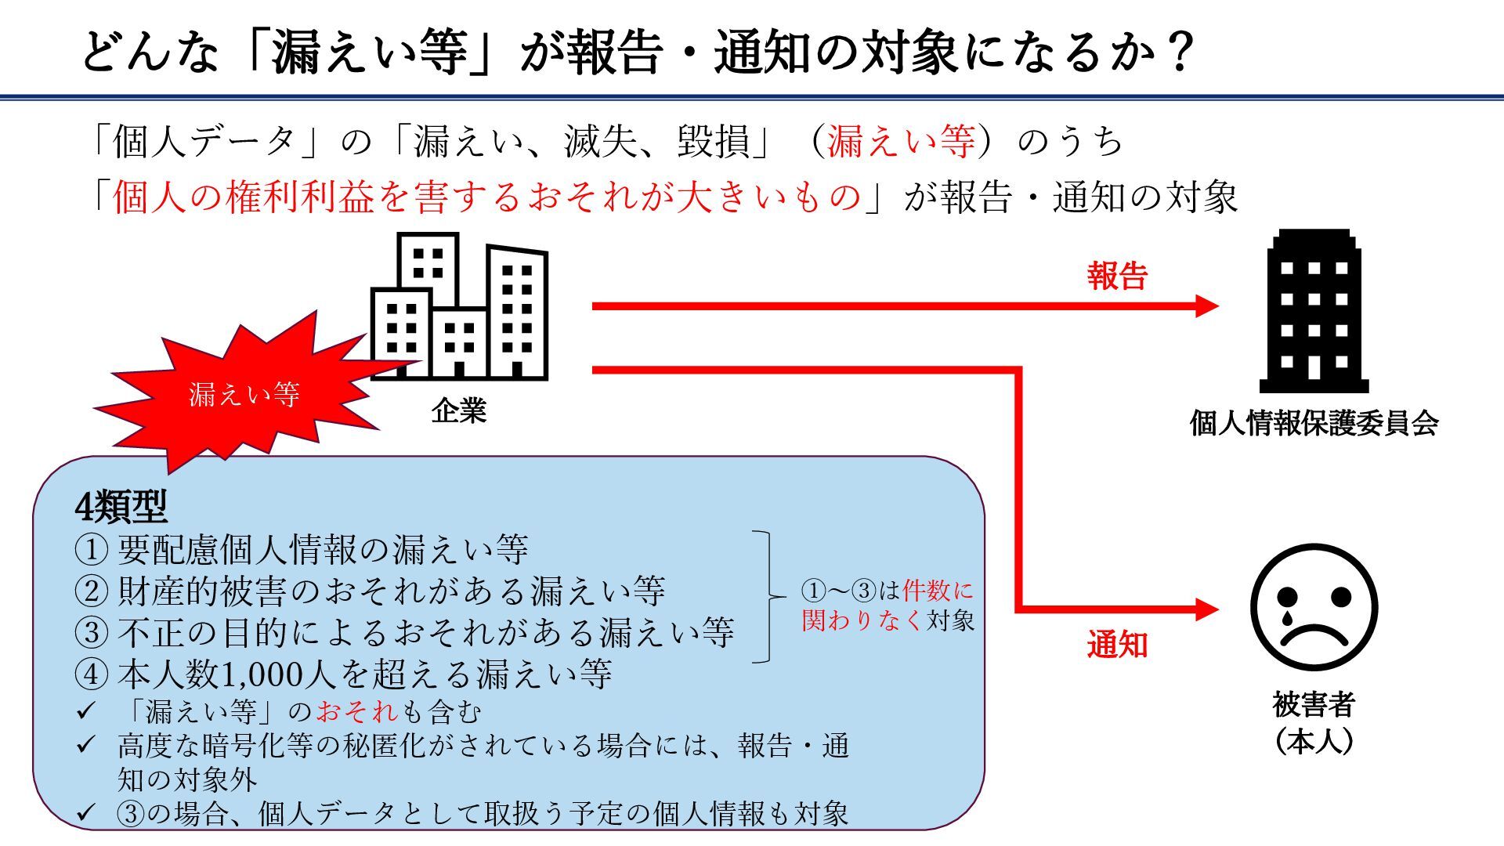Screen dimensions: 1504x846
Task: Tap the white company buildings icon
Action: tap(459, 308)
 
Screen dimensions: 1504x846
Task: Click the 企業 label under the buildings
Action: tap(459, 410)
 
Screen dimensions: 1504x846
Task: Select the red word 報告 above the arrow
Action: tap(1117, 277)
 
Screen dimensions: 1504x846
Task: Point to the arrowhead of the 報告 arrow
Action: tap(1207, 306)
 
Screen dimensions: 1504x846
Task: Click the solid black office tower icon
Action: tap(1314, 312)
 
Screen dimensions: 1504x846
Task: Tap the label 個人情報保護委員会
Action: tap(1314, 424)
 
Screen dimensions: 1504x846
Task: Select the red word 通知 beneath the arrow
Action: tap(1117, 645)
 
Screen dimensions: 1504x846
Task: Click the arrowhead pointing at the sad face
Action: tap(1207, 609)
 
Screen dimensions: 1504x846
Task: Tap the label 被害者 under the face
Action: tap(1314, 705)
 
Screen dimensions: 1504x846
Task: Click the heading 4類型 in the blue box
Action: tap(121, 508)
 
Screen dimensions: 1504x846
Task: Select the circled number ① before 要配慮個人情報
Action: tap(91, 550)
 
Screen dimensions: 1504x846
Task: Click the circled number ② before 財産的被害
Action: tap(91, 591)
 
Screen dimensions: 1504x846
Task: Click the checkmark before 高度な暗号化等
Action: tap(85, 745)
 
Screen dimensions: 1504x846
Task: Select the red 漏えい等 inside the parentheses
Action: tap(901, 142)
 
